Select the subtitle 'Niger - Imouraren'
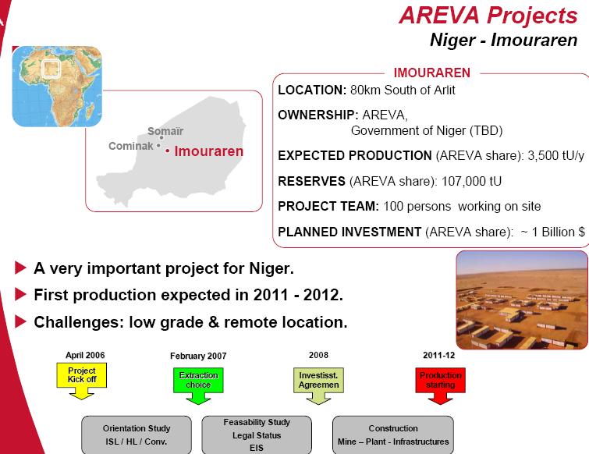click(503, 40)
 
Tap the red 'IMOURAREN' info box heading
click(431, 73)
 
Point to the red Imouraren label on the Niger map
click(208, 151)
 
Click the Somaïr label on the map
click(165, 131)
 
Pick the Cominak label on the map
click(130, 146)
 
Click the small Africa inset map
click(57, 86)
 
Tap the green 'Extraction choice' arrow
click(198, 381)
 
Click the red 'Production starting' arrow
click(441, 381)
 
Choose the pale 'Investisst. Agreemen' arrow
click(318, 381)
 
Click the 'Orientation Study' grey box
click(136, 434)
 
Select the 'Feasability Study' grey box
click(257, 434)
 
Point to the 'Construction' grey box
click(392, 434)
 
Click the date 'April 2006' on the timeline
click(85, 356)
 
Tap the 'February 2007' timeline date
click(198, 356)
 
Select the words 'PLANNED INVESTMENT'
click(349, 232)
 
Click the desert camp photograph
click(521, 300)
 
